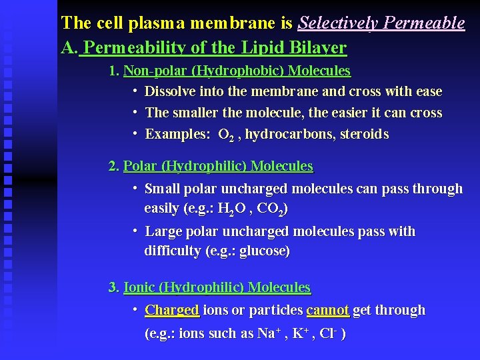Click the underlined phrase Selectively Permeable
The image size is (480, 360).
pos(381,23)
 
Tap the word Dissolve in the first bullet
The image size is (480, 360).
pos(169,91)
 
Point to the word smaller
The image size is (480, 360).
pos(198,113)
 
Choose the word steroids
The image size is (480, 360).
pos(364,134)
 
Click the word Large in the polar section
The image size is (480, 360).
pos(162,232)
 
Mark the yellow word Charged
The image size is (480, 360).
pos(172,310)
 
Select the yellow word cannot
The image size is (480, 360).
pos(328,310)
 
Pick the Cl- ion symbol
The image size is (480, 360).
pos(327,333)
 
